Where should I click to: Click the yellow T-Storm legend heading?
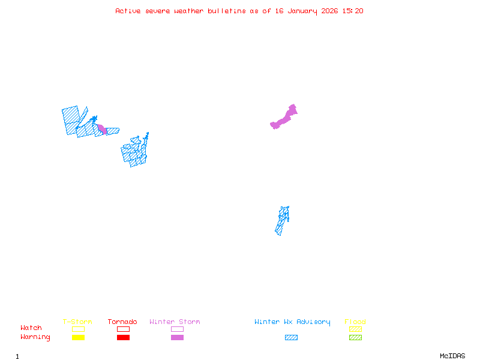click(77, 322)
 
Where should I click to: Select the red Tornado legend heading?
click(122, 322)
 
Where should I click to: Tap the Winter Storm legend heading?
click(175, 322)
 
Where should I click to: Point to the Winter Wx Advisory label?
click(292, 322)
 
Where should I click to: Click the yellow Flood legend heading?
click(355, 322)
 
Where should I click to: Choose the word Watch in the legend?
click(31, 328)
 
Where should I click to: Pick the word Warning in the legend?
click(35, 337)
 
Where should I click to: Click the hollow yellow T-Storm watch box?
click(79, 329)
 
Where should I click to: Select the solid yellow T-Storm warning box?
click(79, 338)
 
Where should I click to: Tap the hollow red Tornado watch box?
click(124, 329)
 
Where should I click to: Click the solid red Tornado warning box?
click(124, 338)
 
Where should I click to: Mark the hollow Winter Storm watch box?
click(177, 329)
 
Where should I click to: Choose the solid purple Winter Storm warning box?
click(177, 338)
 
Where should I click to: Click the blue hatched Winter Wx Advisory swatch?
click(291, 338)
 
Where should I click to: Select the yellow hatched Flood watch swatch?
click(355, 329)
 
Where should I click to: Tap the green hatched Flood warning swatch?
click(355, 338)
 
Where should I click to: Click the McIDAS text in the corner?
click(452, 356)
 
